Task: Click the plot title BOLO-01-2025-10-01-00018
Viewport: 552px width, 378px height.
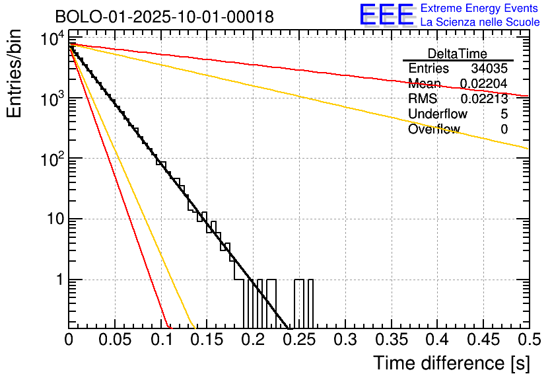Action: pos(164,17)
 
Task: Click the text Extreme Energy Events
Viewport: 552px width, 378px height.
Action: pos(479,9)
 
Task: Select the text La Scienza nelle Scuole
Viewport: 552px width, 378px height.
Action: pos(480,22)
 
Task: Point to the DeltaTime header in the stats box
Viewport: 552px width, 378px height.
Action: pos(458,54)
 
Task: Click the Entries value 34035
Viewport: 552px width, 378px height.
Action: pos(489,69)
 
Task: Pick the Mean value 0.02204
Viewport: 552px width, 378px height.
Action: pos(484,84)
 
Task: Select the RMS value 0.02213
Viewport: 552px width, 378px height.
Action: pos(484,99)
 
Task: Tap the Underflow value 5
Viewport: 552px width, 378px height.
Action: pos(504,114)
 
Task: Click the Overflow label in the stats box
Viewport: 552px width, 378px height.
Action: pos(434,130)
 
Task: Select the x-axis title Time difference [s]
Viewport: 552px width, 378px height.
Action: pos(450,363)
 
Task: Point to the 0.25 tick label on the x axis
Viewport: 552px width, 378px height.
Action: pos(298,340)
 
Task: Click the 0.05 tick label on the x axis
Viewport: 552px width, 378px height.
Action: pos(115,340)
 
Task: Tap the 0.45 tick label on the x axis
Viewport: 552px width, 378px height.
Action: pos(483,340)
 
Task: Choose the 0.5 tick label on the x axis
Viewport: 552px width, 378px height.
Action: pos(528,340)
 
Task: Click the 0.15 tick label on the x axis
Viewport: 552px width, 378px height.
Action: pos(207,340)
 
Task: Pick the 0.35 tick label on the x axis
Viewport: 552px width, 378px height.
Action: pos(391,340)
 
